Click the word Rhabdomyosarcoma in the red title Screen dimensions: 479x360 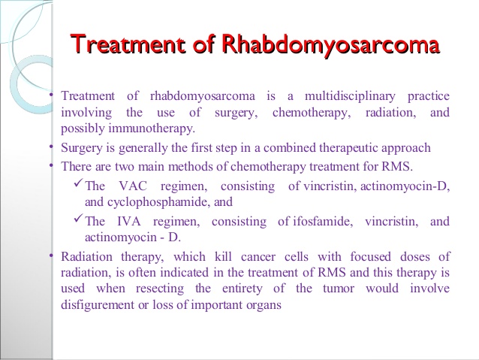tap(330, 45)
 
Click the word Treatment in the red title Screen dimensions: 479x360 tap(128, 44)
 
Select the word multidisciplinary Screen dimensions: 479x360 tap(350, 97)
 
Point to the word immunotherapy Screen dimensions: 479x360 tap(152, 129)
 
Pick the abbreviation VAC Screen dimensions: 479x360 tap(133, 186)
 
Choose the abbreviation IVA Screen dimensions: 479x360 tap(129, 222)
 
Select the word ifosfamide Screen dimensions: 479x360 tap(323, 221)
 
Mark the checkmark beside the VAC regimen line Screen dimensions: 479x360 tap(78, 183)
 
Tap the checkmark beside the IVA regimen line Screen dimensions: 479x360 tap(78, 219)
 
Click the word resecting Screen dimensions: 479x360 tap(160, 289)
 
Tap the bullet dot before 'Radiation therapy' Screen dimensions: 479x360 tap(51, 255)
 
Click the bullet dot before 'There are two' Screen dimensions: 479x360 tap(51, 165)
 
